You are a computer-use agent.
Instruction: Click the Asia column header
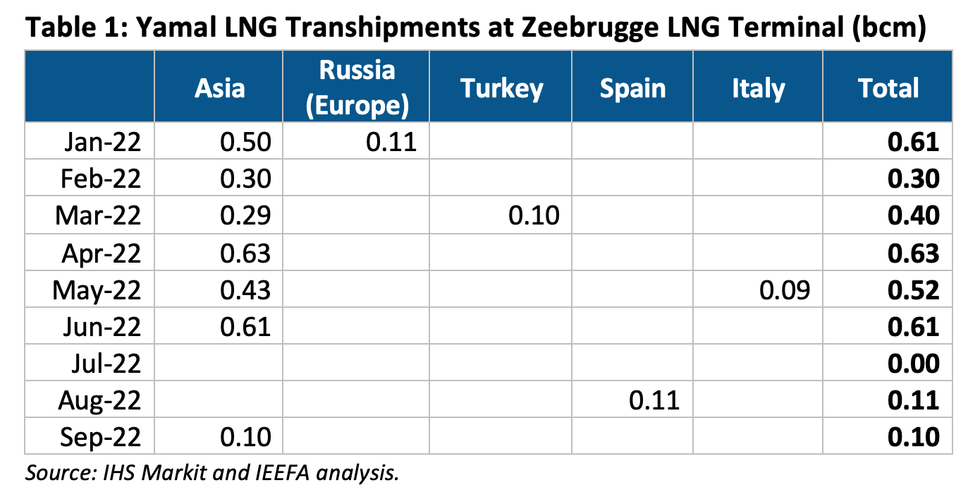[220, 88]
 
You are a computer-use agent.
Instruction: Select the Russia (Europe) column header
[357, 88]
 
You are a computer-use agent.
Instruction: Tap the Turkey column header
[501, 88]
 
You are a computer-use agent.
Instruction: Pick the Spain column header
[632, 88]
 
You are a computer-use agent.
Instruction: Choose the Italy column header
[758, 88]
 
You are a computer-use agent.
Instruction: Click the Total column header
[888, 88]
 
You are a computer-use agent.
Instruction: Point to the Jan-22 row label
[103, 143]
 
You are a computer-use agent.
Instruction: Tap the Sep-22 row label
[102, 437]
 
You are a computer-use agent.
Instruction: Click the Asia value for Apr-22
[245, 253]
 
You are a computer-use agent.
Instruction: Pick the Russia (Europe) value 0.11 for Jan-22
[391, 143]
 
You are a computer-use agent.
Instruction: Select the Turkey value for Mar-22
[534, 216]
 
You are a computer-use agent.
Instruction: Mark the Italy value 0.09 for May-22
[785, 289]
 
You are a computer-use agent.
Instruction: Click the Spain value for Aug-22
[654, 400]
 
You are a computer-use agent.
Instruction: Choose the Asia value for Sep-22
[245, 437]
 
